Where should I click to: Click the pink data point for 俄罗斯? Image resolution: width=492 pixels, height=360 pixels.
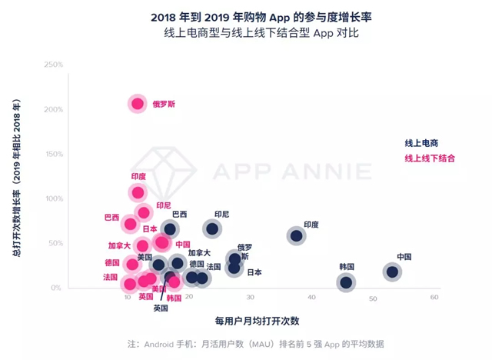tap(138, 103)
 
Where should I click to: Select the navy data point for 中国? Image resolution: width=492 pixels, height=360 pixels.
tap(392, 271)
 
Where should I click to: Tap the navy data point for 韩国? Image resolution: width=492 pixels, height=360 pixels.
tap(346, 282)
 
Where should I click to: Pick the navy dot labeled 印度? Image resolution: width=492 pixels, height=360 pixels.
tap(297, 235)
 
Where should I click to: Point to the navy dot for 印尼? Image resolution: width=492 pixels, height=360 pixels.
tap(212, 228)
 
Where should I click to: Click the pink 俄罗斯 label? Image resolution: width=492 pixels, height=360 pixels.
tap(163, 103)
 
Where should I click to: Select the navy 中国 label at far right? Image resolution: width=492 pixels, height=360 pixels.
tap(404, 257)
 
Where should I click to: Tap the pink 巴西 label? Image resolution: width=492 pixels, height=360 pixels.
tap(111, 217)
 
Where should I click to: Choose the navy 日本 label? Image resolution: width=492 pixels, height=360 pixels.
tap(254, 272)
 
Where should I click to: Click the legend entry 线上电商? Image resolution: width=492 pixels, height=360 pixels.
tap(421, 143)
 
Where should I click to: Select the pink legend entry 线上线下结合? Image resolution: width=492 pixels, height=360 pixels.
tap(430, 158)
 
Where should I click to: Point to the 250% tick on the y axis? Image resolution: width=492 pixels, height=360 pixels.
tap(53, 65)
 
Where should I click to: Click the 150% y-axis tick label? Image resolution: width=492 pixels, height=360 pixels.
tap(53, 154)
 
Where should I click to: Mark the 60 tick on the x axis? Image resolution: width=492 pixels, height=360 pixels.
tap(434, 297)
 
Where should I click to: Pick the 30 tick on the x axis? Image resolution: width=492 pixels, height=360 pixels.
tap(251, 297)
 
